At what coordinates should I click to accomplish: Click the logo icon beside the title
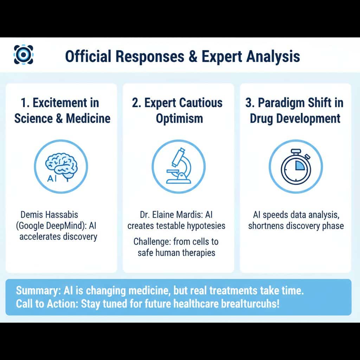[24, 54]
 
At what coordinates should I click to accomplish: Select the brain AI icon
[61, 166]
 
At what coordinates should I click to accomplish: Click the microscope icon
[179, 166]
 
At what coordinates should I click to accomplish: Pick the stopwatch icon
[295, 166]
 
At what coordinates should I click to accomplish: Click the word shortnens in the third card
[265, 226]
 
